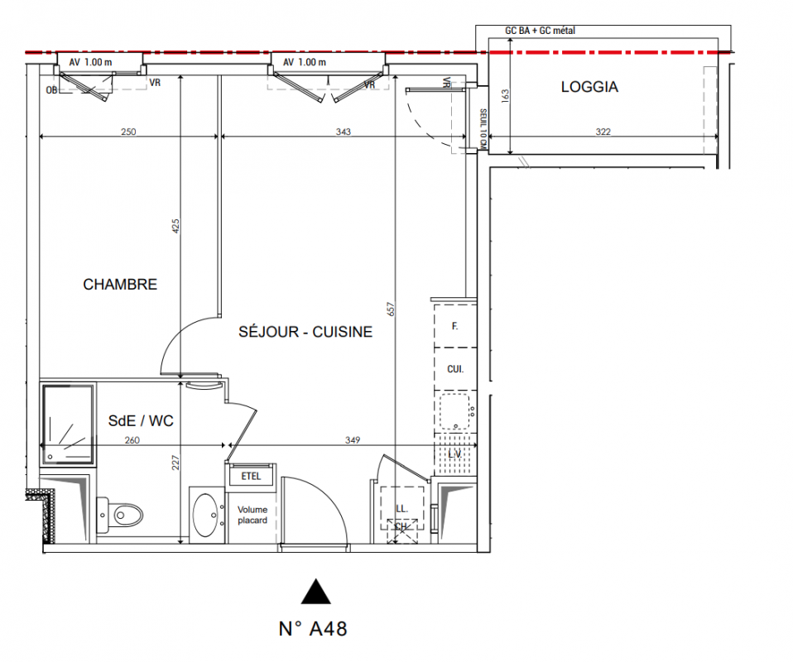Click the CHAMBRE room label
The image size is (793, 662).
click(120, 284)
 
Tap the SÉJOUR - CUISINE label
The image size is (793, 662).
click(305, 332)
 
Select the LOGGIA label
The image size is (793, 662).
click(589, 87)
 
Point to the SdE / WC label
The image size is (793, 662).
click(141, 420)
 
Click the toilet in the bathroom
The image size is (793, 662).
click(119, 516)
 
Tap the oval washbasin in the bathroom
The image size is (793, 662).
click(206, 515)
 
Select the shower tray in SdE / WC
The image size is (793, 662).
click(67, 425)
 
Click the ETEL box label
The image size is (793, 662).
click(251, 476)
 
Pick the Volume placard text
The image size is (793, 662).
click(252, 515)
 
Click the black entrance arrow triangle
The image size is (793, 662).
click(315, 592)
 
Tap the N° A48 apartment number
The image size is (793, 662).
click(313, 629)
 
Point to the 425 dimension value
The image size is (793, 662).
click(175, 226)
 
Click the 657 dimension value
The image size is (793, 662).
click(391, 309)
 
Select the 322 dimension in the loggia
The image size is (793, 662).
click(603, 132)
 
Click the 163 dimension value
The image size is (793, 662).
click(505, 96)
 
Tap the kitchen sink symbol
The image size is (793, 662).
click(455, 411)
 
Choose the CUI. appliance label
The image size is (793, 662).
click(455, 369)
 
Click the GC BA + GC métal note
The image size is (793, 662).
click(541, 31)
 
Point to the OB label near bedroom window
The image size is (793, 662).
click(51, 90)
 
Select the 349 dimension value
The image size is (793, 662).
click(353, 440)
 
